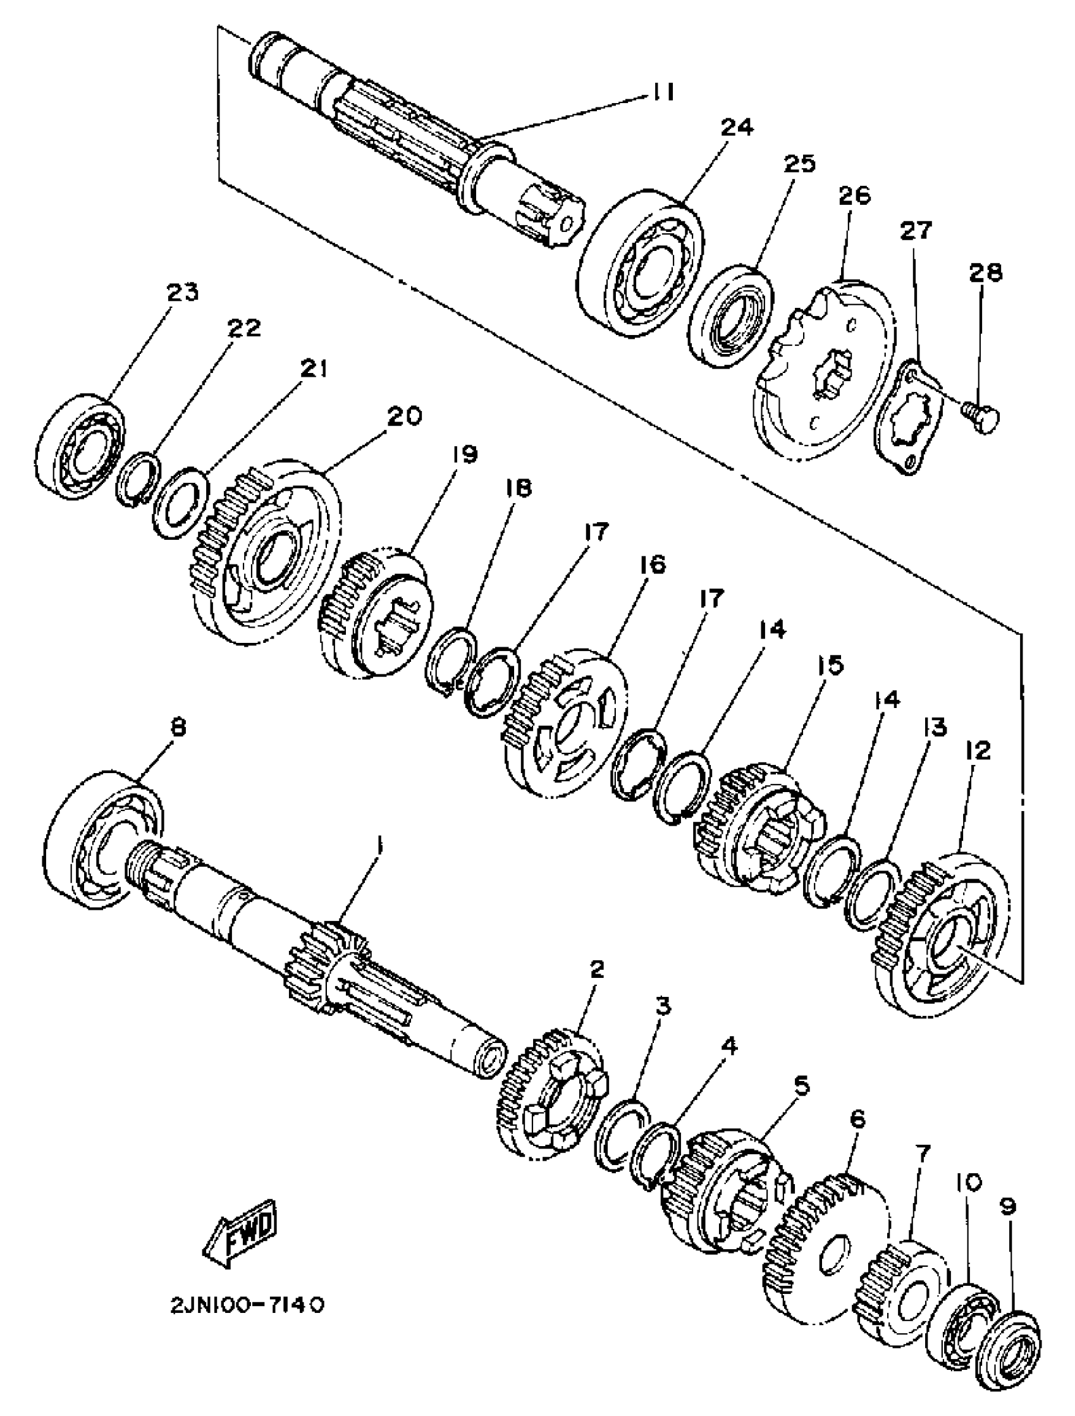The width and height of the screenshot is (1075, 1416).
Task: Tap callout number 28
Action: point(985,272)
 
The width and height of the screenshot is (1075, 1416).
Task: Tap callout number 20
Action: point(405,417)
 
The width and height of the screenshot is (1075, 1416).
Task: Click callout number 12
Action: point(980,750)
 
